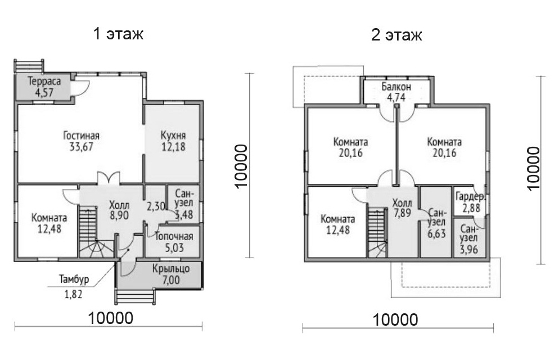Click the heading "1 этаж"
(118, 34)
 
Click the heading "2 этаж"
(397, 35)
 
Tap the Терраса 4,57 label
(44, 87)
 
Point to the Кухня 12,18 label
(173, 141)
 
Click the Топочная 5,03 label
(174, 242)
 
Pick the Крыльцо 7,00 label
(171, 274)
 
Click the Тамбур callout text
(74, 279)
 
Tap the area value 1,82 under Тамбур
(74, 294)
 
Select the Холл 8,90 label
(119, 210)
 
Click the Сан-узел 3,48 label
(184, 204)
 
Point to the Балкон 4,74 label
(396, 92)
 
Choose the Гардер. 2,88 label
(471, 202)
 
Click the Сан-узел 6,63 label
(436, 223)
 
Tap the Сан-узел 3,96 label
(469, 240)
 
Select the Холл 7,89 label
(402, 209)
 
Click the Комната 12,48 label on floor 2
(338, 224)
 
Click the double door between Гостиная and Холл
(109, 178)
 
